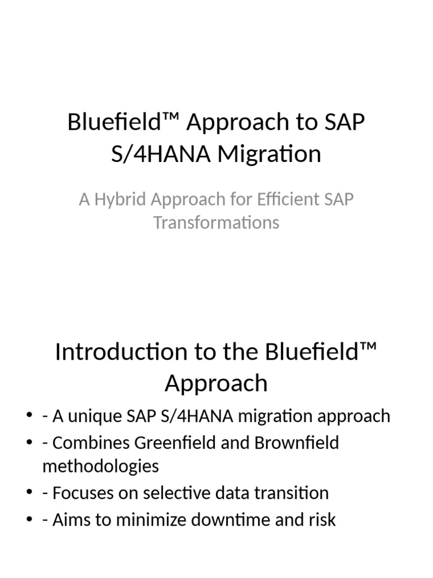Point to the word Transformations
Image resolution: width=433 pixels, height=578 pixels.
click(x=216, y=222)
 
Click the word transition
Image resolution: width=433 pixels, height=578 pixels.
click(x=291, y=493)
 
